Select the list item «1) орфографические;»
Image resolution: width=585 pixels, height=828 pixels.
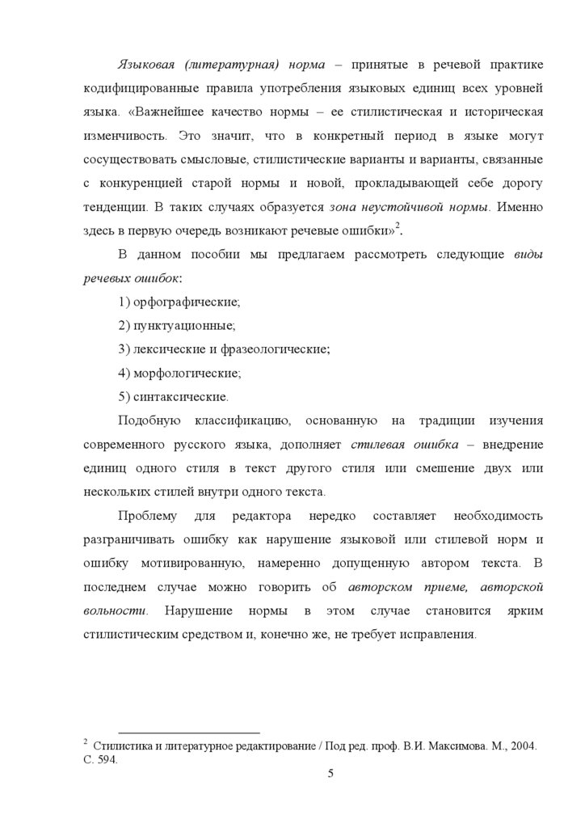[x=179, y=302]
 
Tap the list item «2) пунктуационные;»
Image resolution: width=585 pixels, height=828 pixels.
[x=175, y=326]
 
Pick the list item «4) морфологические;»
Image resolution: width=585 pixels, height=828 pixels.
[x=179, y=373]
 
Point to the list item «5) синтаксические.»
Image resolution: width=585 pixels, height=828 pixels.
[x=173, y=397]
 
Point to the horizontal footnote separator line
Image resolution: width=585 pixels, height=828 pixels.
[x=188, y=731]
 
